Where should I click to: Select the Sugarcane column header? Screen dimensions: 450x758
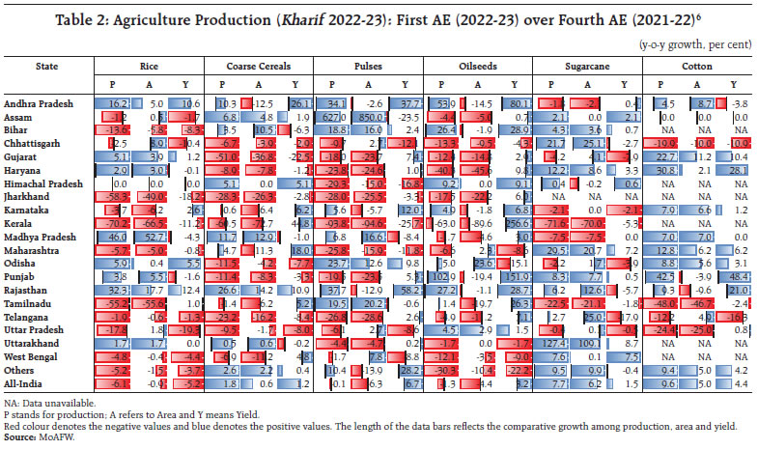point(588,66)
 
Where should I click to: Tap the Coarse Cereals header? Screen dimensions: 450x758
point(259,66)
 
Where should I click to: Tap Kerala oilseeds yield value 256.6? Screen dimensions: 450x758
point(513,222)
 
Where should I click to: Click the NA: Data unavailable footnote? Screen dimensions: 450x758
point(48,401)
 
